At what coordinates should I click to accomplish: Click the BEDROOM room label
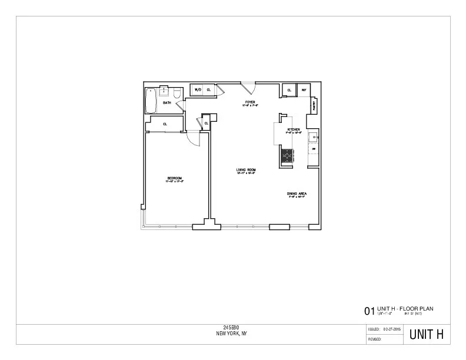[x=175, y=178]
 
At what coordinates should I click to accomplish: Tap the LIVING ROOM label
[x=245, y=170]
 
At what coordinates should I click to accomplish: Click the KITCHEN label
[x=294, y=129]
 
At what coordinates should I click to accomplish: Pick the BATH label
[x=167, y=103]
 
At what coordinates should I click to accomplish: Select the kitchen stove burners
[x=287, y=155]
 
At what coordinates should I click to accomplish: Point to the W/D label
[x=198, y=90]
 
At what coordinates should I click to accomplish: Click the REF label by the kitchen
[x=304, y=90]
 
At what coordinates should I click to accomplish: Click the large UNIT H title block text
[x=427, y=335]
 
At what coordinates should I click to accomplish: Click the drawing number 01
[x=370, y=311]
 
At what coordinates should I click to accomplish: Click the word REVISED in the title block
[x=375, y=339]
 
